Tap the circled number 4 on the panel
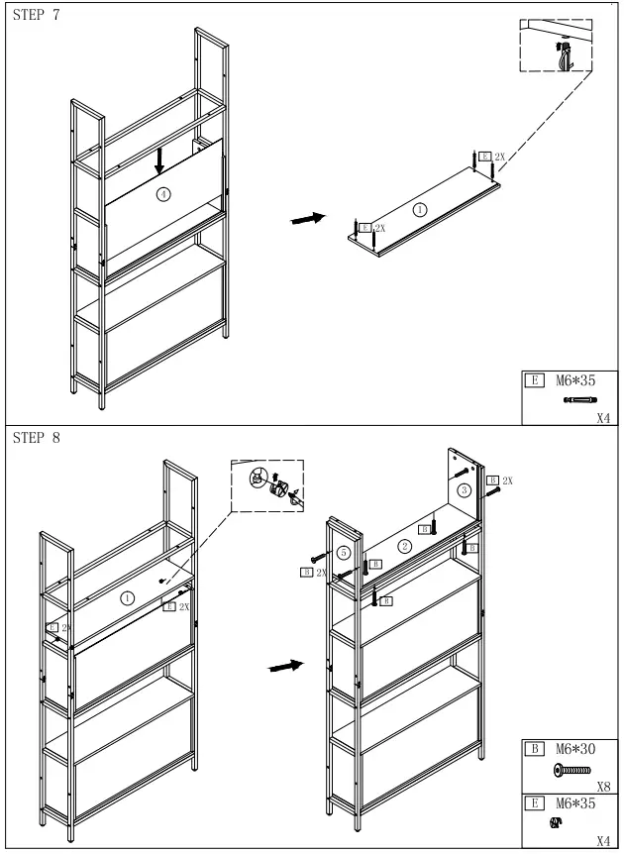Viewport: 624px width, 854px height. tap(164, 194)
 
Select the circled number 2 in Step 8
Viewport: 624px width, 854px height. tap(404, 546)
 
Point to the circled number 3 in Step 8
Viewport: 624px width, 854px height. tap(464, 490)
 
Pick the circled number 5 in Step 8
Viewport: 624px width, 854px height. tap(343, 552)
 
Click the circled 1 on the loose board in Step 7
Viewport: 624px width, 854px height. tap(420, 209)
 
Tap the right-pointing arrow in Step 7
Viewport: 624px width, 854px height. tap(308, 218)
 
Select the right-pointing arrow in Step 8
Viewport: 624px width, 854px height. tap(286, 668)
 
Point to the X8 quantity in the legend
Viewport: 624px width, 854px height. tap(601, 783)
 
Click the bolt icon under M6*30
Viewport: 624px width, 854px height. tap(572, 770)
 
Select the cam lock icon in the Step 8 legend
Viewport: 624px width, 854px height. tap(557, 821)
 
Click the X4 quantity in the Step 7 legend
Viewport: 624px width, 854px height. tap(603, 418)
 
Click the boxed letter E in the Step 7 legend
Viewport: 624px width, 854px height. tap(536, 378)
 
